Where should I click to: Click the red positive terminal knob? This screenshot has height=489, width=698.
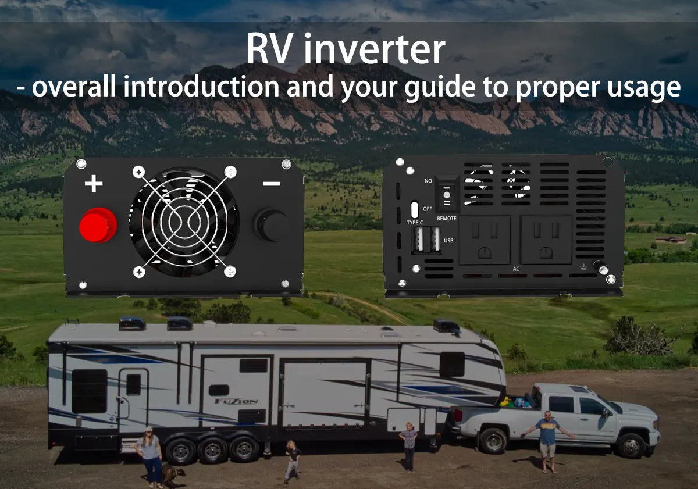click(x=98, y=225)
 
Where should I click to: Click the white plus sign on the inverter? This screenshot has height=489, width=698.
click(x=94, y=184)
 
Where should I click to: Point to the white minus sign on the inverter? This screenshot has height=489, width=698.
click(x=271, y=184)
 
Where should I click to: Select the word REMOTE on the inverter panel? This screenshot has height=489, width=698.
click(x=446, y=218)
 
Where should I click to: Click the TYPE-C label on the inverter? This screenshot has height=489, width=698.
click(x=415, y=222)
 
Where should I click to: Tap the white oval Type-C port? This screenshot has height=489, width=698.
click(x=414, y=209)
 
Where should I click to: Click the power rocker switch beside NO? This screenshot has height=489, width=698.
click(x=447, y=195)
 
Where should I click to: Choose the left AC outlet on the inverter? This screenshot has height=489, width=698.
click(x=484, y=240)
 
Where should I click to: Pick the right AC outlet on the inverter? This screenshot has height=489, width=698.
click(x=546, y=240)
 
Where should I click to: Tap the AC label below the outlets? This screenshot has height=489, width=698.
click(x=516, y=269)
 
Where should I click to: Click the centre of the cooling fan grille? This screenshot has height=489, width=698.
click(x=184, y=222)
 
